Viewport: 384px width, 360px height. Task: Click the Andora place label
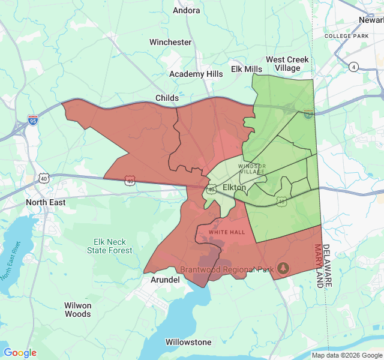coord(187,10)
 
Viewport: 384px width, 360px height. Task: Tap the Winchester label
coord(170,43)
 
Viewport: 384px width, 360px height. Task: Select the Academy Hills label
coord(196,74)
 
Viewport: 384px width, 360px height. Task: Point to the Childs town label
coord(167,98)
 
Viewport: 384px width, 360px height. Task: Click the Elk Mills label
coord(247,69)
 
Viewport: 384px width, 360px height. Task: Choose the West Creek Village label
coord(287,64)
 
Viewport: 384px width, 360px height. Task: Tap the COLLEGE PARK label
coord(346,36)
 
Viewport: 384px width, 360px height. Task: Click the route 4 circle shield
coord(354,67)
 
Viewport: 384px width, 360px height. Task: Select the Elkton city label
coord(234,188)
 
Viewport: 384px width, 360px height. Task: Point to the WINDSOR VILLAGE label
coord(251,169)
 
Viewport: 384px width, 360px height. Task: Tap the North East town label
coord(46,203)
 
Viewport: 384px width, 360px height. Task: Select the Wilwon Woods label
coord(78,310)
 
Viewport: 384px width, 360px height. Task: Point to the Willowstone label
coord(188,342)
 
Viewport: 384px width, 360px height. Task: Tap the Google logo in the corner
coord(20,353)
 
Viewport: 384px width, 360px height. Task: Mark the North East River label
coord(10,261)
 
